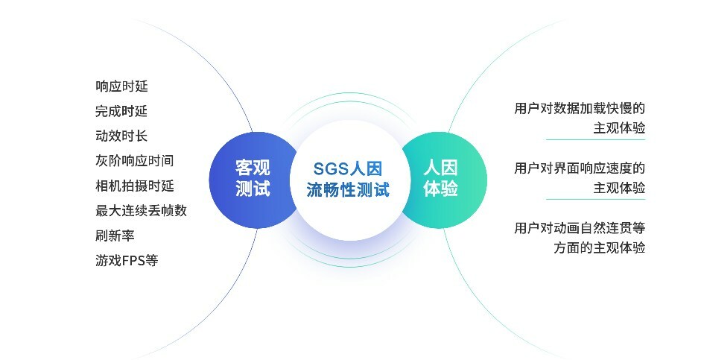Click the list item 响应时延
pyautogui.click(x=121, y=86)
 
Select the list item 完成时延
pyautogui.click(x=121, y=111)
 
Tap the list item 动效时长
pyautogui.click(x=121, y=136)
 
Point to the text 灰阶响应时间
pyautogui.click(x=135, y=160)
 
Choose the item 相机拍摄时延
pyautogui.click(x=135, y=186)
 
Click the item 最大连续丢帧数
pyautogui.click(x=141, y=210)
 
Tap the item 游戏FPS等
pyautogui.click(x=127, y=260)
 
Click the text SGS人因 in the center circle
pyautogui.click(x=348, y=168)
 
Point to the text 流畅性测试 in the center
pyautogui.click(x=348, y=189)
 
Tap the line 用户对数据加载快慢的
pyautogui.click(x=580, y=109)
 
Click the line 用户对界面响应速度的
pyautogui.click(x=580, y=168)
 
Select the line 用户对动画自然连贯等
pyautogui.click(x=580, y=228)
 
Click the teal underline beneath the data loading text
pyautogui.click(x=595, y=139)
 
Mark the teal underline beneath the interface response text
pyautogui.click(x=595, y=199)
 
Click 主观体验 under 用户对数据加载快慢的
pyautogui.click(x=619, y=128)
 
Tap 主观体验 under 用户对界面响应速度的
pyautogui.click(x=619, y=188)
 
